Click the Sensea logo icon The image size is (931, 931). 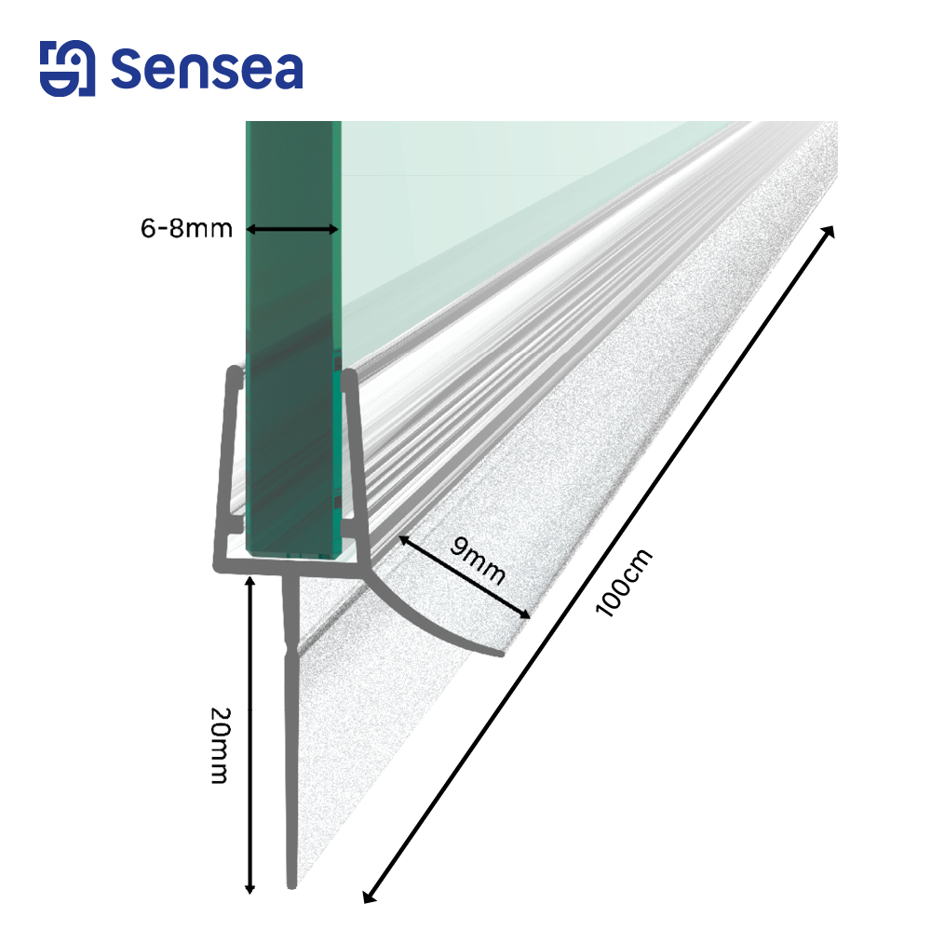[x=67, y=68]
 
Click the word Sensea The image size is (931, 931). [x=208, y=69]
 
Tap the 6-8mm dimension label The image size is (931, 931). [x=186, y=229]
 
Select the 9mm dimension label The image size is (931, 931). [x=478, y=560]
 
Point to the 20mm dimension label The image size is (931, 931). [x=221, y=746]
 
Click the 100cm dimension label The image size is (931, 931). [x=624, y=583]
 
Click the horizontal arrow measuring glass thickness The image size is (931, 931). [x=292, y=229]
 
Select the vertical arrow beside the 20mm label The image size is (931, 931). [x=250, y=735]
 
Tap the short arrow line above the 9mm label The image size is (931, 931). [x=465, y=577]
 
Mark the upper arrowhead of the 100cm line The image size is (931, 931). [x=830, y=231]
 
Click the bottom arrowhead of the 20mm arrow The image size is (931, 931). [x=250, y=889]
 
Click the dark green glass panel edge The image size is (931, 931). [x=293, y=339]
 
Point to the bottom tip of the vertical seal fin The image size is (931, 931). [x=291, y=886]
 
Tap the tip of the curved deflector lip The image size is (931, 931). [x=501, y=654]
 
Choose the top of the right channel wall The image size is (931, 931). [x=350, y=374]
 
